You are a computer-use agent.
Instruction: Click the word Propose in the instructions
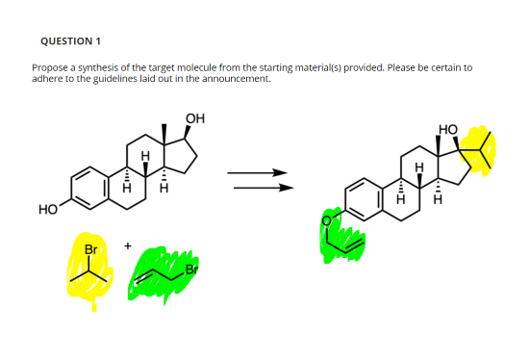(x=48, y=69)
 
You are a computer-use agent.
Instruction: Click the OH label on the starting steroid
(x=194, y=119)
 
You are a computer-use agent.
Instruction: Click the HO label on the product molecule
(x=448, y=129)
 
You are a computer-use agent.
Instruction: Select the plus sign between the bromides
(x=127, y=247)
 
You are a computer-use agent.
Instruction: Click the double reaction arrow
(x=258, y=180)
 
